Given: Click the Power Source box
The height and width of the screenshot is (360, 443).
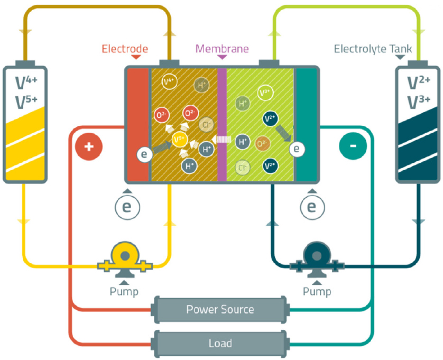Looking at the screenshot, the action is pos(220,309).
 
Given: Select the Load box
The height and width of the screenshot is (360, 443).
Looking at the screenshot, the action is pos(220,344).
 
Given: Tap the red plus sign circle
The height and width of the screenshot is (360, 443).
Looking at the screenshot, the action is pos(89,146).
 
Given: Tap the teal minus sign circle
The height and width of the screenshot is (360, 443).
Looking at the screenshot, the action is pos(353,146).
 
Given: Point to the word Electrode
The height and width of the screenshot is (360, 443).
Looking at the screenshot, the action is pos(125,49).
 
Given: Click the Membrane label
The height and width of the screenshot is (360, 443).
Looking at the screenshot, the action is pos(222,49).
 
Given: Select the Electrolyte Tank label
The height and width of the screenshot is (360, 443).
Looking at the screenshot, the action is pos(373,49).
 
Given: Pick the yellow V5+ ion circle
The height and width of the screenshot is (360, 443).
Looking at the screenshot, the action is pos(180,140).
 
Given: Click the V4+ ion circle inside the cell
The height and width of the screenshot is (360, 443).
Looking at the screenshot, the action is pos(169,81).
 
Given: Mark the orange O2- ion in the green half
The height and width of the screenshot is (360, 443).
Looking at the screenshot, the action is pos(262,144).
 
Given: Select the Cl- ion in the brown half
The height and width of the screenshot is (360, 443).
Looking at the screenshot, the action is pos(206,124).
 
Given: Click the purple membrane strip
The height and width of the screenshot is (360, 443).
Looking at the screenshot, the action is pos(222,124).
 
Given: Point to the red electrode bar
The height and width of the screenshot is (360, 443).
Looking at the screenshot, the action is pos(138,124).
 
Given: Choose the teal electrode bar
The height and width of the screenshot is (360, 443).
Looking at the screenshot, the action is pos(306,124).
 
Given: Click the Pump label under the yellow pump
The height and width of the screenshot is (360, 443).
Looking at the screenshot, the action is pos(124,291).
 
